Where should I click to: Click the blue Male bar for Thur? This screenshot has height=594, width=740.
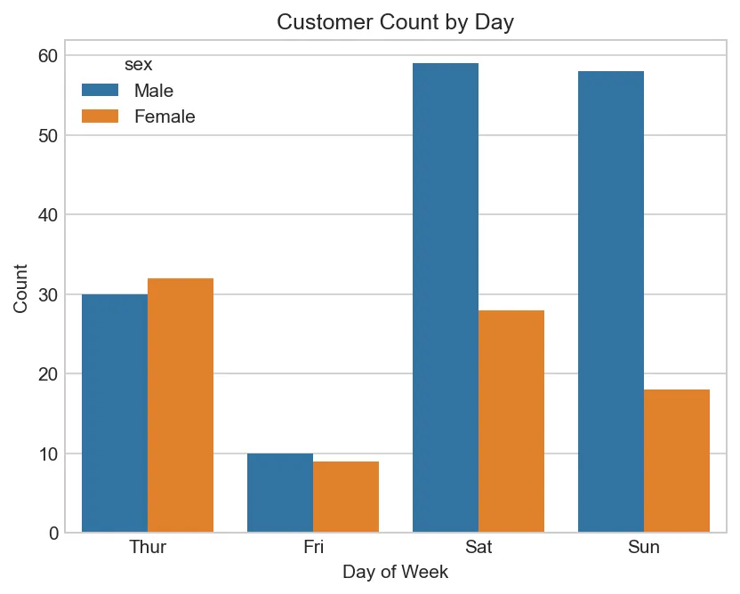pyautogui.click(x=115, y=413)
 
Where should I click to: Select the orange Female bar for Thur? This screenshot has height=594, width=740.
pyautogui.click(x=181, y=405)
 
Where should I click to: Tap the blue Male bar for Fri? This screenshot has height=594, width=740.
pyautogui.click(x=280, y=493)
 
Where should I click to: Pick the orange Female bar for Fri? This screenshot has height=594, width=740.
pyautogui.click(x=346, y=497)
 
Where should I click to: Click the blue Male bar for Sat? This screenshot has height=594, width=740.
pyautogui.click(x=446, y=298)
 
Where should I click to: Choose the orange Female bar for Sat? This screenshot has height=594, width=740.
pyautogui.click(x=511, y=421)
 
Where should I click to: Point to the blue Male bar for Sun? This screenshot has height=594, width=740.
pyautogui.click(x=611, y=302)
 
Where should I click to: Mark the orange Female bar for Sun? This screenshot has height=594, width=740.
pyautogui.click(x=677, y=461)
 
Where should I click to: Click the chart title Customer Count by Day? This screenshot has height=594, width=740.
pyautogui.click(x=396, y=22)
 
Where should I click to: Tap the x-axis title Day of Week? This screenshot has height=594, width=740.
pyautogui.click(x=396, y=572)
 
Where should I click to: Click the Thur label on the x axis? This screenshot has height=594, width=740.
pyautogui.click(x=148, y=547)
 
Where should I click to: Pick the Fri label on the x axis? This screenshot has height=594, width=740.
pyautogui.click(x=313, y=547)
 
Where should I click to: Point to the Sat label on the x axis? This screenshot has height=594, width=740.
pyautogui.click(x=479, y=547)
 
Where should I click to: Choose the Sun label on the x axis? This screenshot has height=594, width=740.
pyautogui.click(x=644, y=547)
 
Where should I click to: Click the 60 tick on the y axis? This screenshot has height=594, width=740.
pyautogui.click(x=49, y=56)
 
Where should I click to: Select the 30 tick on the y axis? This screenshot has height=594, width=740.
pyautogui.click(x=49, y=294)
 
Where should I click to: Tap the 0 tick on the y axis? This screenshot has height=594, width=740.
pyautogui.click(x=54, y=534)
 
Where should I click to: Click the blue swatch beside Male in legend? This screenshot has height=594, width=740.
pyautogui.click(x=100, y=91)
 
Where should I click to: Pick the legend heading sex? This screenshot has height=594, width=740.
pyautogui.click(x=138, y=65)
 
